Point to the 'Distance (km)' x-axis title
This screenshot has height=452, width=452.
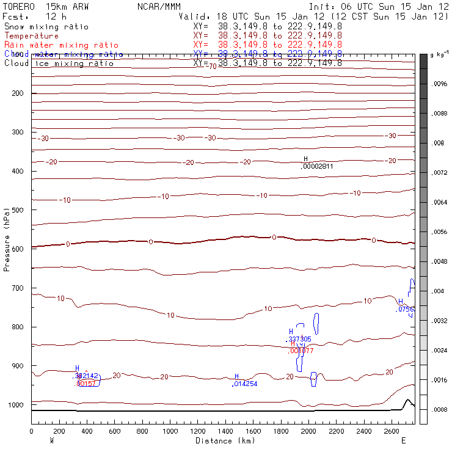point(225,440)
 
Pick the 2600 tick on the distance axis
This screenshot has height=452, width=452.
point(392,431)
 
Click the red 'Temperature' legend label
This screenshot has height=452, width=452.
point(31,36)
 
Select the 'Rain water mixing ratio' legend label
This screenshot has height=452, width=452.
point(61,45)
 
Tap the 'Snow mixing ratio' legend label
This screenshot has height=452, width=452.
point(46,27)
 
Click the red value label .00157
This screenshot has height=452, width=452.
point(86,384)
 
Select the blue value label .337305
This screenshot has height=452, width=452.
point(299,339)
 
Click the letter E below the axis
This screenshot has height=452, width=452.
point(403,440)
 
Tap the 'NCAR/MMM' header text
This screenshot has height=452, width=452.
point(158,7)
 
